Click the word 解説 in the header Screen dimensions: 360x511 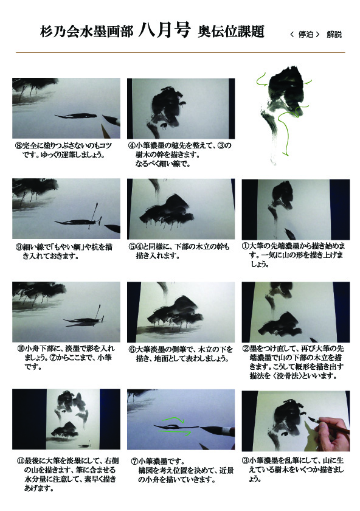click(334, 34)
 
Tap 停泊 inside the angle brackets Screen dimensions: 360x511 click(306, 34)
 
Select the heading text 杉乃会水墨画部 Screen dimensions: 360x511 click(87, 32)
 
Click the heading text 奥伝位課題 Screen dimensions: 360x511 click(231, 32)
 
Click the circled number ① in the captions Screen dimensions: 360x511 click(246, 246)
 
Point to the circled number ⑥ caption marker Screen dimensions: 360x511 click(132, 350)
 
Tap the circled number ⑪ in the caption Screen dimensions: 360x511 click(21, 461)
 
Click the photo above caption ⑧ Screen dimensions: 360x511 click(66, 108)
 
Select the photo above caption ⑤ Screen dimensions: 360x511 click(181, 209)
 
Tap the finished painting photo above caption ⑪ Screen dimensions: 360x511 click(66, 419)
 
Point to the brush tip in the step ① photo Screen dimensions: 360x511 click(289, 234)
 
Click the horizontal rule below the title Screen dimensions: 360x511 click(180, 52)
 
